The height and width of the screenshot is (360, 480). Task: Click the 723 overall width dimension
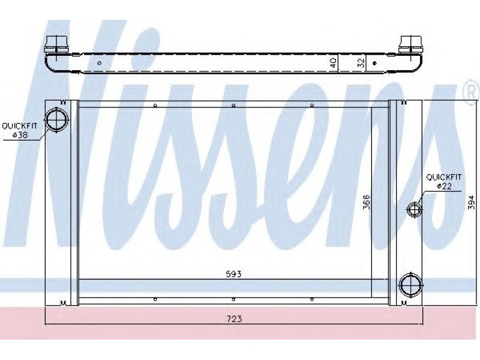[234, 319]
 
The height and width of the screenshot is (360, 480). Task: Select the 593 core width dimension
[233, 274]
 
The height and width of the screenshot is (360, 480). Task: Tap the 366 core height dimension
[367, 202]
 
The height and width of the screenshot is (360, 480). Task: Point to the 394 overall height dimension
[472, 202]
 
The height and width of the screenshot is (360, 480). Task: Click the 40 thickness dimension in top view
[334, 63]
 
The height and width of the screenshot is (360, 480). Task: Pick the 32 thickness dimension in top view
[362, 63]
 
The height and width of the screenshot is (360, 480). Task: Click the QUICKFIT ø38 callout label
[20, 130]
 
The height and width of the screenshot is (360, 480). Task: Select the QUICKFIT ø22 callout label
[443, 182]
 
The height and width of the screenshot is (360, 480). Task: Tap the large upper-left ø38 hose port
[57, 120]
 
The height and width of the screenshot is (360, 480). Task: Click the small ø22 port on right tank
[414, 209]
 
